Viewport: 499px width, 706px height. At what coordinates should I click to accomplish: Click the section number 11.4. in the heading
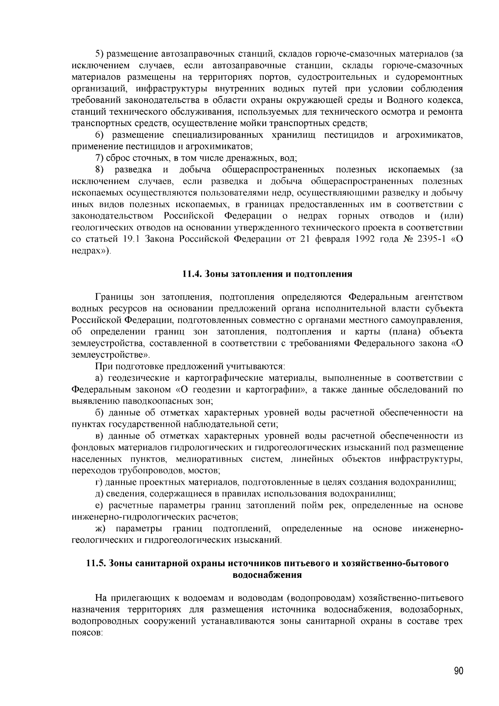coord(192,274)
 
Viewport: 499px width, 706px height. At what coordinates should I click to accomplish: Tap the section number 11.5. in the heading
coord(96,563)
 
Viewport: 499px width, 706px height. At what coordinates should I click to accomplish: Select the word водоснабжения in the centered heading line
coord(267,575)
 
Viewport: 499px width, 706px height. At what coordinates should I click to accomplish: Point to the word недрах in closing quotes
coord(88,251)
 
